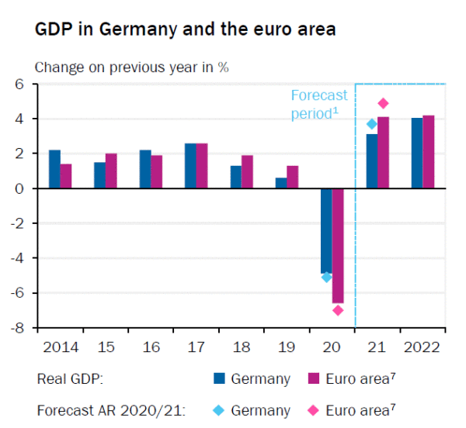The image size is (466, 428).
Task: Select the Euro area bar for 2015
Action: [111, 171]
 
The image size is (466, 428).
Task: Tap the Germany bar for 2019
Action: [281, 183]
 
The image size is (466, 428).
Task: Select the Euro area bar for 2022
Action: [429, 151]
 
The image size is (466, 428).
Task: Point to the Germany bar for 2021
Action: [372, 161]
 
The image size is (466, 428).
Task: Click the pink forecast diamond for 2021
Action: [383, 103]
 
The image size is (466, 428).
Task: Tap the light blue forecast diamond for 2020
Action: [326, 277]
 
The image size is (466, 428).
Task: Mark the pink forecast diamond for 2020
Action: [338, 310]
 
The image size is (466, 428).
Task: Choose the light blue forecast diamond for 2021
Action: [371, 124]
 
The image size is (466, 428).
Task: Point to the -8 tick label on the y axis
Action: [19, 328]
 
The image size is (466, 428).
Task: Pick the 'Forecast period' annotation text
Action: [318, 105]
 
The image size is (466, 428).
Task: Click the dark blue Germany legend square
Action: [220, 379]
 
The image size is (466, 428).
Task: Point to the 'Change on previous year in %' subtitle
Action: [132, 67]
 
